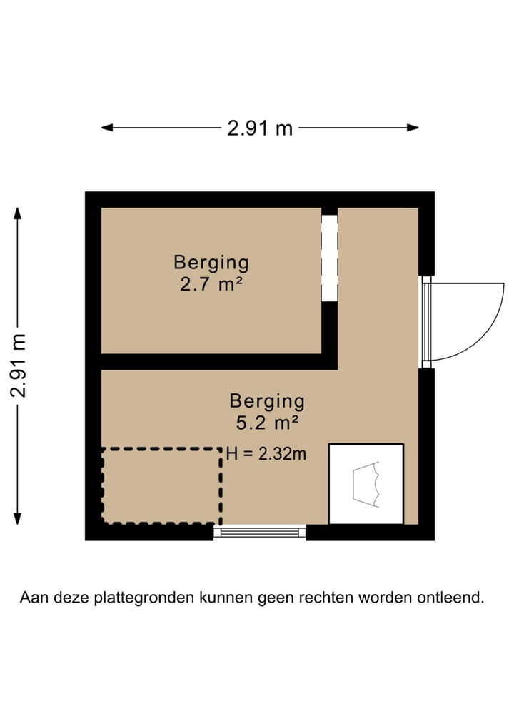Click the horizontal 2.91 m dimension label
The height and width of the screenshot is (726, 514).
260,128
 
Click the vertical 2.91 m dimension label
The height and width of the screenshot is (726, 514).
19,365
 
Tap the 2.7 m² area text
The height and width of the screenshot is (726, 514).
211,286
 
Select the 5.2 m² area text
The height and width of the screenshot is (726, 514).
266,423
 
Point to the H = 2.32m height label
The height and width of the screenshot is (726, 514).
266,453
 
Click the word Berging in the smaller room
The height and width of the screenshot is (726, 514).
211,263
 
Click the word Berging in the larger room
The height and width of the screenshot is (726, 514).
266,401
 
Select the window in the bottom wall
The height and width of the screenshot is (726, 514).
260,532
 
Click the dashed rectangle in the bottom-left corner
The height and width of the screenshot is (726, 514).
161,485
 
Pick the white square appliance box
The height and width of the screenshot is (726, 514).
366,483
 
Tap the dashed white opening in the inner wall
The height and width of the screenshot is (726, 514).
328,258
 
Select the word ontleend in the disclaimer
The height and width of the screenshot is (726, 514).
452,598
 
